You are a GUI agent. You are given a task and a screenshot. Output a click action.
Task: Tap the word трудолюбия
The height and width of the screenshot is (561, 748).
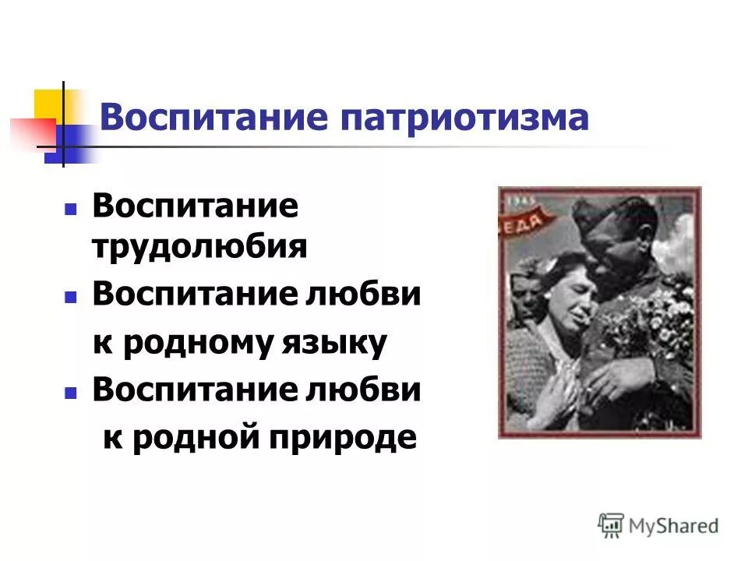tap(200, 247)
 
